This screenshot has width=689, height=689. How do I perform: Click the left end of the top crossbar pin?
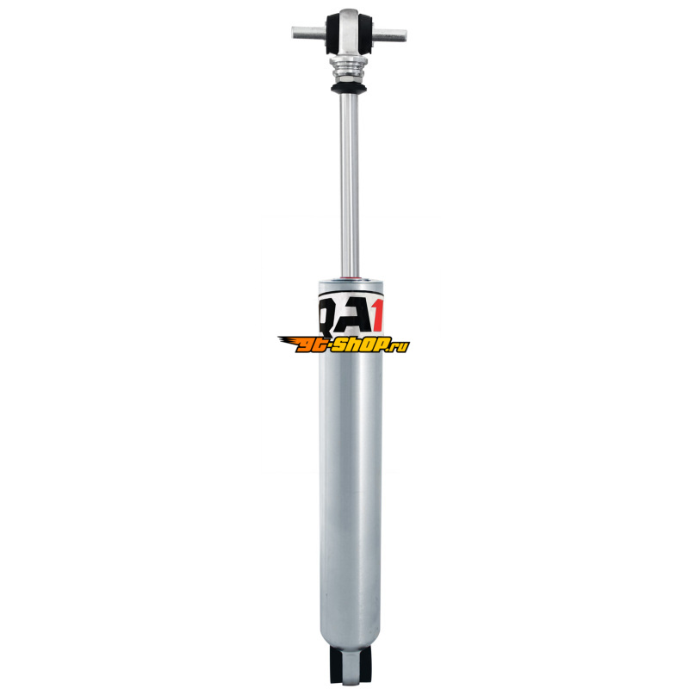click(293, 33)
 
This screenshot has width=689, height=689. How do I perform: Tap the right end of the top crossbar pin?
click(405, 35)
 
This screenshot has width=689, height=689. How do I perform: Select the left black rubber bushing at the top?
click(333, 34)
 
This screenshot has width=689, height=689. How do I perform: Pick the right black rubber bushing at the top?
click(366, 34)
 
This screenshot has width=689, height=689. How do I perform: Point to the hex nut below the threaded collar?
click(349, 79)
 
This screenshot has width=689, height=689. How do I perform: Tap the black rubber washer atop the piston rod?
click(349, 89)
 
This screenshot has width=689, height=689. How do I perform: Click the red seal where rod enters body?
click(351, 278)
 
